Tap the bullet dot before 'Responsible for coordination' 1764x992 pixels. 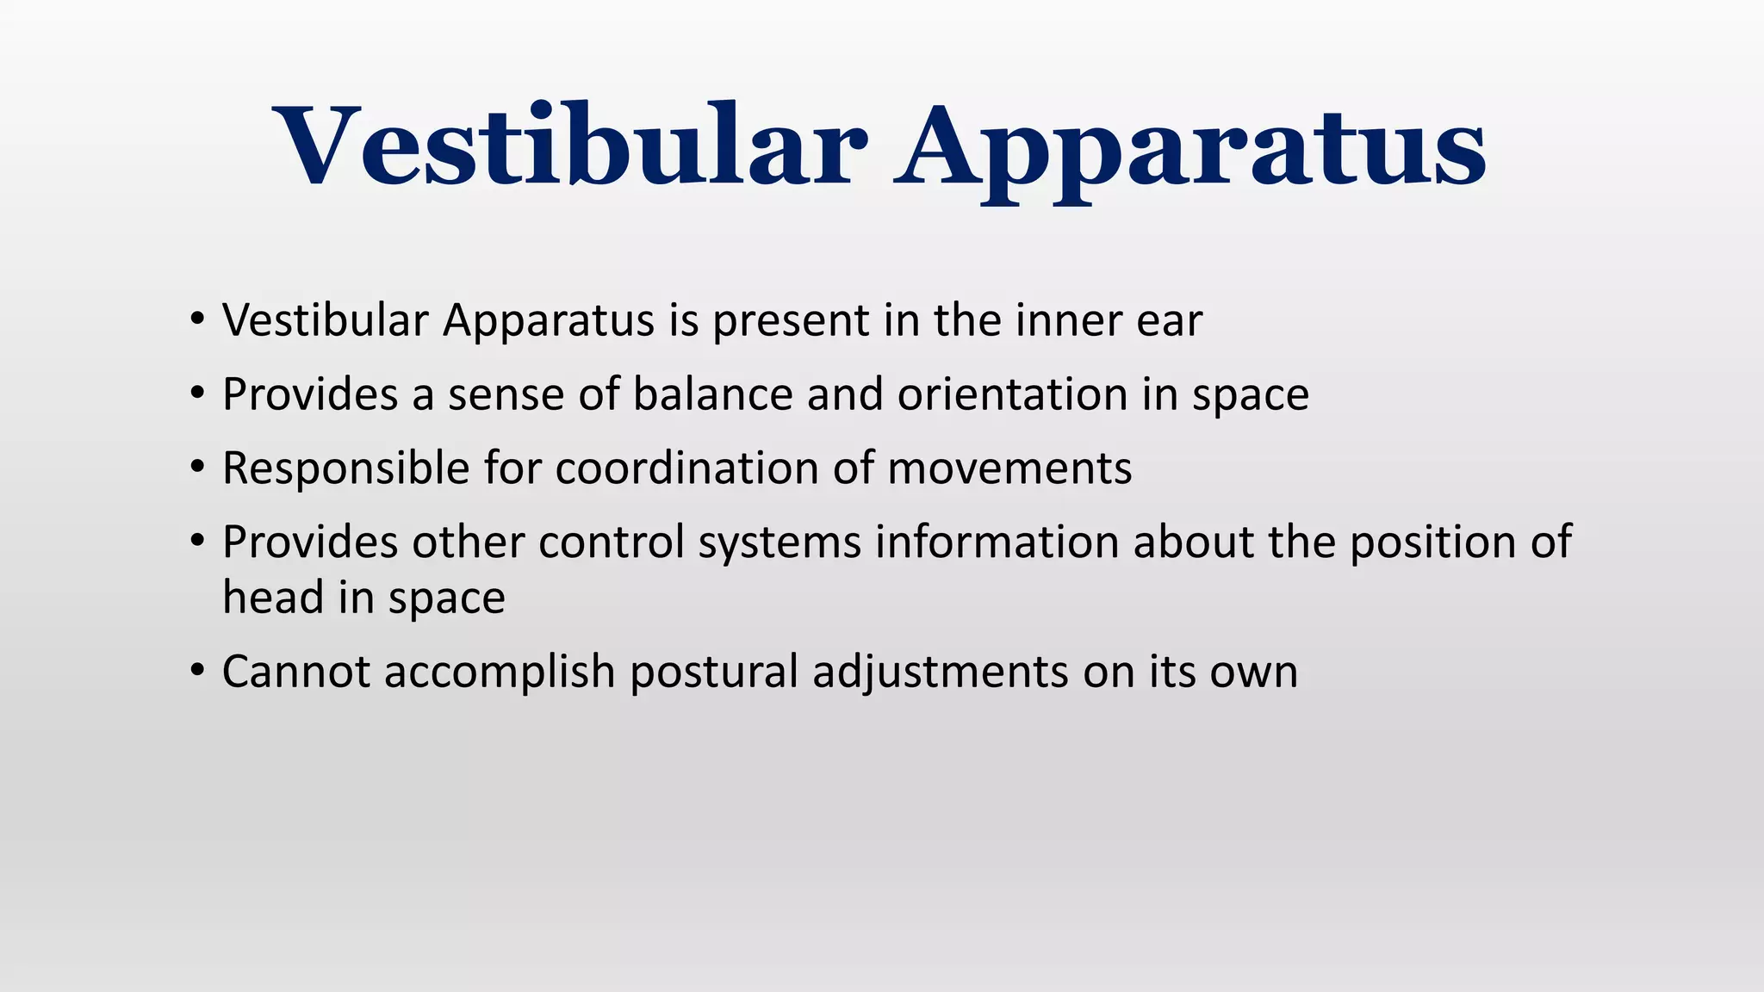[x=198, y=468]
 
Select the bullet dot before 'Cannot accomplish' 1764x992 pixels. [x=198, y=671]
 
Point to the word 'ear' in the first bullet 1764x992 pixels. [x=1169, y=322]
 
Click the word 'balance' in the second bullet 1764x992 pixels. [x=712, y=394]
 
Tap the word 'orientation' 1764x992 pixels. [x=1013, y=394]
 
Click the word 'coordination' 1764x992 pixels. [x=686, y=468]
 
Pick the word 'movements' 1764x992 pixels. [x=1009, y=470]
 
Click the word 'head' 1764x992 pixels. [x=273, y=598]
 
